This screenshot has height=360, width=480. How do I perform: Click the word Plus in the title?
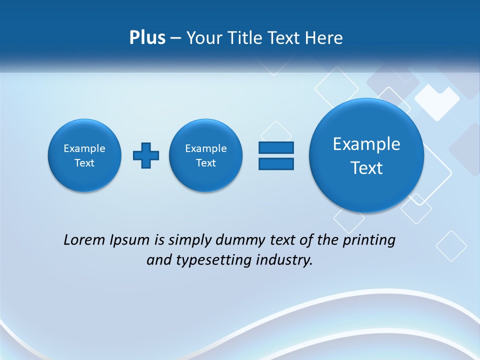[147, 38]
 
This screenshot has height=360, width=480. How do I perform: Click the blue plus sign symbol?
[146, 155]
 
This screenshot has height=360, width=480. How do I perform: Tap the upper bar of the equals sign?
[276, 147]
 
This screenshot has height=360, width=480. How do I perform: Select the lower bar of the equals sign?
[276, 163]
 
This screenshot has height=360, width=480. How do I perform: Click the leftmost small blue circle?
[84, 155]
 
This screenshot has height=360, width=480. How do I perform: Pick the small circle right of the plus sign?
[206, 155]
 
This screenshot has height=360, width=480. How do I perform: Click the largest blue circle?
[366, 155]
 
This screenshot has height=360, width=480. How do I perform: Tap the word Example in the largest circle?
[366, 144]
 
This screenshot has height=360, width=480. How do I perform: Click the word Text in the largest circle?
[366, 168]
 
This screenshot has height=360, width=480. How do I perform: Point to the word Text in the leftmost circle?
[84, 163]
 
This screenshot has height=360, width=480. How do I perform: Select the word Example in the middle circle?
[206, 148]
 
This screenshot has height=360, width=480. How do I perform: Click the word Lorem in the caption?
[84, 240]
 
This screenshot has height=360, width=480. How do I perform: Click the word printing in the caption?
[370, 240]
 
